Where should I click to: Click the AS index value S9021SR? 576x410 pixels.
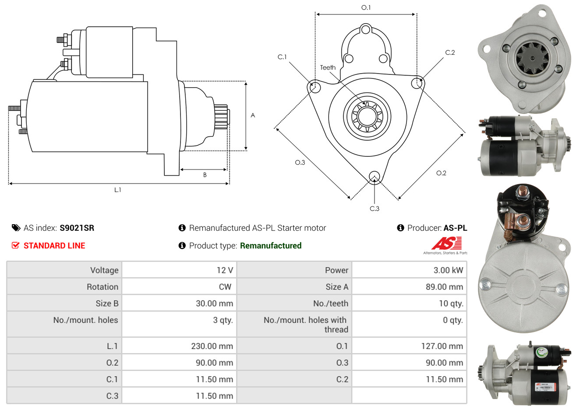tap(77, 228)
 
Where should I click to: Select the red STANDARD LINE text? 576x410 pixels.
tap(54, 246)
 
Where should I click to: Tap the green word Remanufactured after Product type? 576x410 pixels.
tap(271, 246)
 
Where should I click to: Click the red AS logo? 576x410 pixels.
tap(447, 243)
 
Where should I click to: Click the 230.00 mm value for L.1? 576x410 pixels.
tap(212, 346)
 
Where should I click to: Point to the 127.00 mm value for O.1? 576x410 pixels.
tap(442, 346)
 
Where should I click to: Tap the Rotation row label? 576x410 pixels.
tap(102, 287)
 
